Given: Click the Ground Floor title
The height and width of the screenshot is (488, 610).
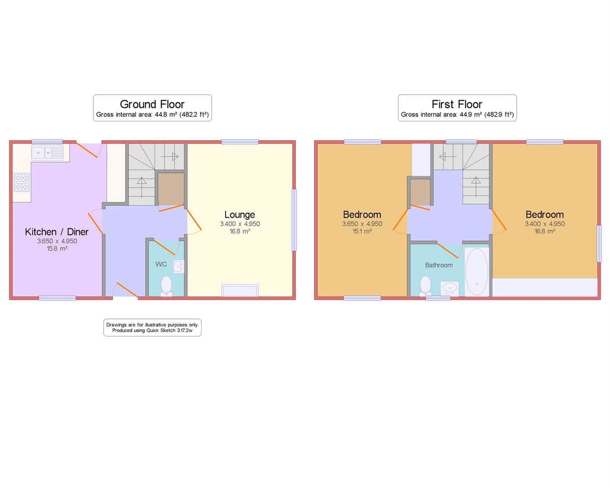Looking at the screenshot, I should point(152,104).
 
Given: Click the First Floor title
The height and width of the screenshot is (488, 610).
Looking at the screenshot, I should point(457,104).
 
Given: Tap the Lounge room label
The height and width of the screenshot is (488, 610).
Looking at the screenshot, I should point(240,215).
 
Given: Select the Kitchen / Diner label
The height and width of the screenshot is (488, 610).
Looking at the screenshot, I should point(57,232).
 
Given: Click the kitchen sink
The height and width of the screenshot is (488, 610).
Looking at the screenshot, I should point(47,153).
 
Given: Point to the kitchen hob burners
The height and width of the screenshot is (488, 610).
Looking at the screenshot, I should point(22,182).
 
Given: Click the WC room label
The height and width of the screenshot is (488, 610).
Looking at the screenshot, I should point(161,264).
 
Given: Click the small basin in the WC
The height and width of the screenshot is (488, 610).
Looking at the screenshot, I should point(179,266).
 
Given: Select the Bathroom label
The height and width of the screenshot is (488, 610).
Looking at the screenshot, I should point(439,265).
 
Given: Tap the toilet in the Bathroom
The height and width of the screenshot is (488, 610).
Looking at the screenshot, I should point(426,286).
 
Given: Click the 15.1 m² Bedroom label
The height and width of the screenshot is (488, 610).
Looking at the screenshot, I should point(362,215).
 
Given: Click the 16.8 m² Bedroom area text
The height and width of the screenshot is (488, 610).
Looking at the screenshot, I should point(544,231).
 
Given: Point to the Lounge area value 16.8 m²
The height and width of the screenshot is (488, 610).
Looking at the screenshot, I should point(240,231).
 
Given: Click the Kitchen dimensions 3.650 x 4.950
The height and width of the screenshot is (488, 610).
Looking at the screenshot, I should point(57,241).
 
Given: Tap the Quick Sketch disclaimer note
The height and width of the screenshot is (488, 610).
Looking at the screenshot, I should point(152,328).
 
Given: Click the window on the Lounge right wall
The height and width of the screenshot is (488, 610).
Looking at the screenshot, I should point(294,220).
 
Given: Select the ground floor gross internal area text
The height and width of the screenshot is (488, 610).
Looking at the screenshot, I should point(152,115).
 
